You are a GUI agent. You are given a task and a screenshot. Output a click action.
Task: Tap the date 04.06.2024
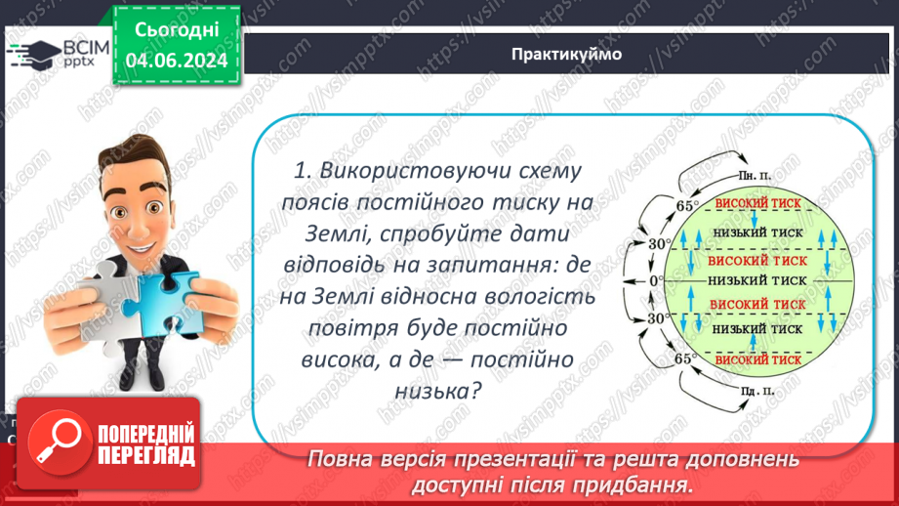(x=176, y=62)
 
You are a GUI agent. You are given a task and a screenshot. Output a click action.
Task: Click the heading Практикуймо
(x=566, y=55)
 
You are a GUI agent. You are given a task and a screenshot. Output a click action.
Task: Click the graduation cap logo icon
(x=31, y=55)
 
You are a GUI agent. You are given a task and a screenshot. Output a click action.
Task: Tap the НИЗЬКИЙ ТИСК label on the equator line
(x=756, y=280)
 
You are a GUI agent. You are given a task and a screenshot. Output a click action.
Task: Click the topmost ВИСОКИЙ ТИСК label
(x=756, y=204)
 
